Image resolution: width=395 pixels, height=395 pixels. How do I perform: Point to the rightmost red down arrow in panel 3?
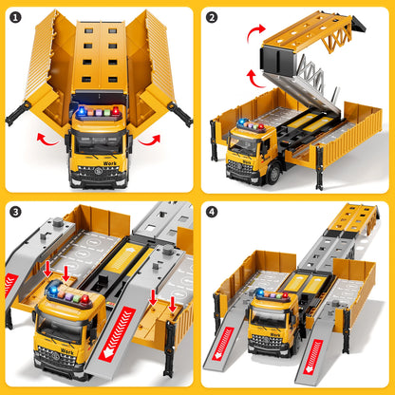point(172,306)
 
